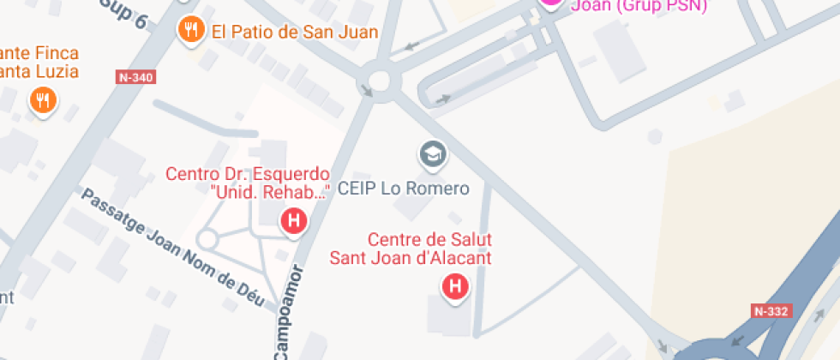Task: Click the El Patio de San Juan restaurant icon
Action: point(190,31)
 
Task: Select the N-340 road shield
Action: point(136,77)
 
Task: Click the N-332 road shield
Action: point(771,311)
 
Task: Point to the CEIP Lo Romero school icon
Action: point(434,154)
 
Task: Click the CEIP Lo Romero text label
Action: point(404,189)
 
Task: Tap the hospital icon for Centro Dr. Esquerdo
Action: point(294,221)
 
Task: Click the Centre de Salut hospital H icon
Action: point(455,286)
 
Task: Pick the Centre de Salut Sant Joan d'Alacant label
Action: point(411,248)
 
